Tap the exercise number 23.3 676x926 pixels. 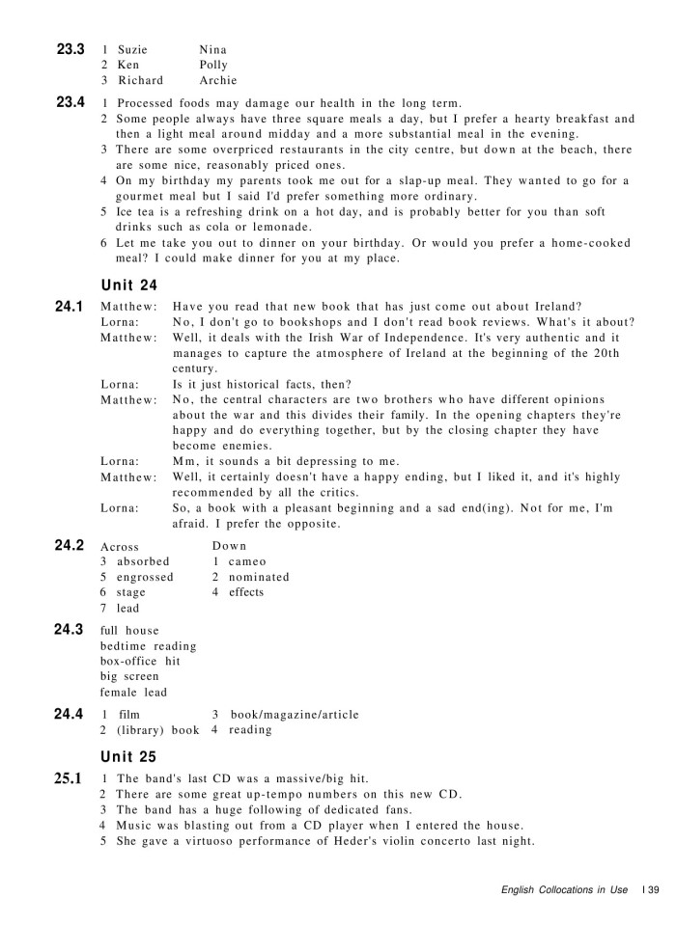70,48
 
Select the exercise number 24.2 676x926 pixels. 70,545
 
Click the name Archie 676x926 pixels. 217,80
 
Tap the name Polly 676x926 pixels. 213,65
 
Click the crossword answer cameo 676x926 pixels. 247,561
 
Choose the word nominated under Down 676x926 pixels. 259,577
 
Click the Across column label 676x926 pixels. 120,546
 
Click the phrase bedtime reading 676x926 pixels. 148,645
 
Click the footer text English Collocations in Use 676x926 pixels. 564,889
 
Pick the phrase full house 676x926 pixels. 129,630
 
